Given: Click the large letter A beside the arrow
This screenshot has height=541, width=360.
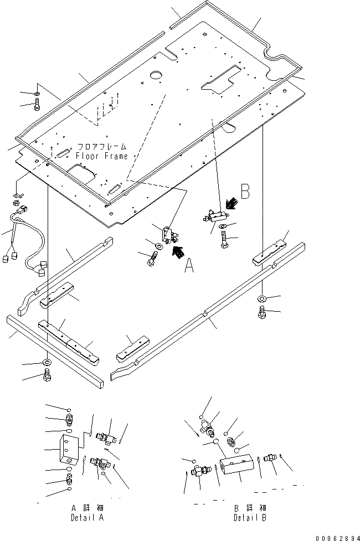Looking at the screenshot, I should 189,268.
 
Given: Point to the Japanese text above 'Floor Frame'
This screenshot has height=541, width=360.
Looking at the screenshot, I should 102,147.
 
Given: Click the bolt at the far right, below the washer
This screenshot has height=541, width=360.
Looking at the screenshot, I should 261,314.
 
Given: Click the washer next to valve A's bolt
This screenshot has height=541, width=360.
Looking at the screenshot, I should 158,246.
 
